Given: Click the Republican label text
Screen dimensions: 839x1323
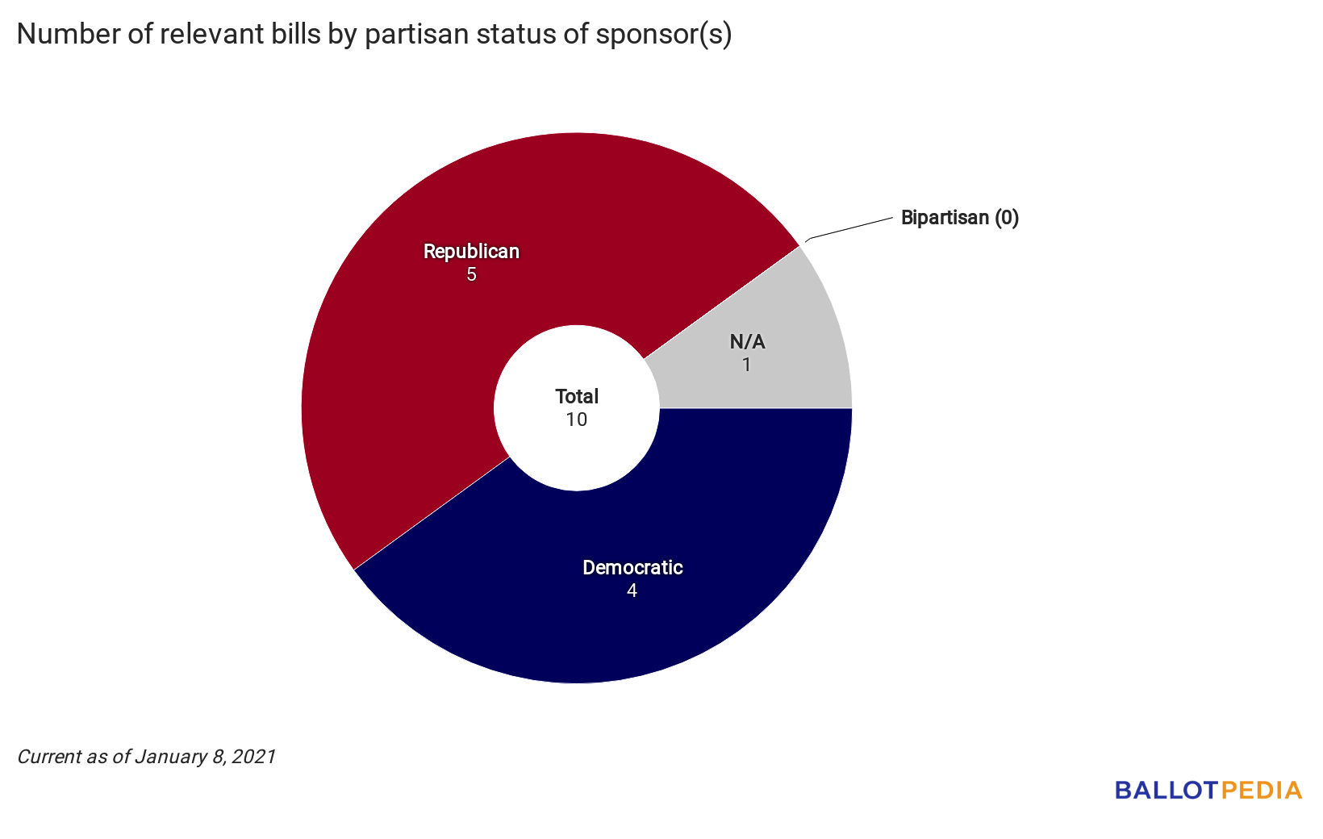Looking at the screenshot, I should (x=471, y=252).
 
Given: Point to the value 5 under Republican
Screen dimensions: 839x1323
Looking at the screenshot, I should (x=471, y=275).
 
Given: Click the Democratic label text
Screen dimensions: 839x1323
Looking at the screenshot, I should (x=632, y=568).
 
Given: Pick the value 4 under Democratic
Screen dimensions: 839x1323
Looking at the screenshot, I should (x=632, y=591).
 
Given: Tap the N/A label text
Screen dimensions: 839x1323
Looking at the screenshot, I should (x=747, y=342).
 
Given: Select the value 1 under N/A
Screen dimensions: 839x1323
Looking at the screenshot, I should (x=747, y=365).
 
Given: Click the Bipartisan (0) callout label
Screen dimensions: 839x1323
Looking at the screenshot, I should (x=959, y=218).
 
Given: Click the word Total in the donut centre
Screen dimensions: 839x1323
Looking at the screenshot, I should (x=577, y=397).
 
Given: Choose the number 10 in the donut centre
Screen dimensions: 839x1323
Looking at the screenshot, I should (x=577, y=420).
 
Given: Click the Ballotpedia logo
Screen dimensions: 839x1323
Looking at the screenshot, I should (x=1208, y=790).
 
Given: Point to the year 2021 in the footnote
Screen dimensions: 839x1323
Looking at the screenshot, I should (x=254, y=757).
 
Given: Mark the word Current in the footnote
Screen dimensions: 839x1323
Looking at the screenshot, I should (x=47, y=757).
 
